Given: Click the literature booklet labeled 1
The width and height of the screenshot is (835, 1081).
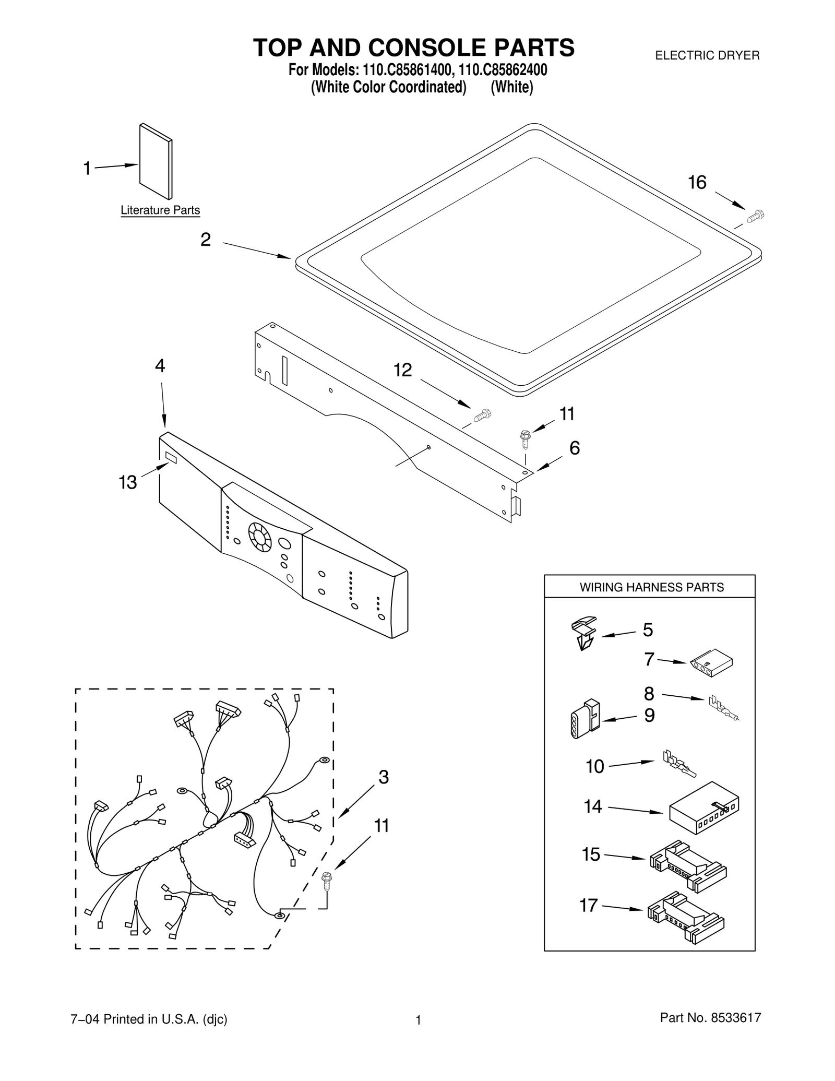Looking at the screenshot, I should [x=156, y=161].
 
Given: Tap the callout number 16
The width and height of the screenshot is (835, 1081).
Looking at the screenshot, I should [x=697, y=183].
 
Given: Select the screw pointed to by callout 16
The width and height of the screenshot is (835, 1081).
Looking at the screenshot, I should [x=755, y=216].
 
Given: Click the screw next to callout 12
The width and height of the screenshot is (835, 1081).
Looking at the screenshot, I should [x=483, y=415].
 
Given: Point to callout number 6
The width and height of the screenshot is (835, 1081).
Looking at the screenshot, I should [x=574, y=448].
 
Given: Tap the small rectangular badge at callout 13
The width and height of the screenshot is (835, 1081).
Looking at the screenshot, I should [x=171, y=457].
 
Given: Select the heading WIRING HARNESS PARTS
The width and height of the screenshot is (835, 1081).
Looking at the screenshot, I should [x=651, y=587].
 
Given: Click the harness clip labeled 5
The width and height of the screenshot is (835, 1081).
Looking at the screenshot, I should [x=583, y=633].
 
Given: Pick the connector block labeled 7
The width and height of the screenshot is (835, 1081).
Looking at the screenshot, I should [x=711, y=663].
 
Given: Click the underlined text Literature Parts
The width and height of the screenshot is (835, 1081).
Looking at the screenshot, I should [x=160, y=210].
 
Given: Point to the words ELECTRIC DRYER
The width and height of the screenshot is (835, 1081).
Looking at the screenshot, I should [x=707, y=55].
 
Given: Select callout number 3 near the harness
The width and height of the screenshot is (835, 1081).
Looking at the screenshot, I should [x=384, y=777].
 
